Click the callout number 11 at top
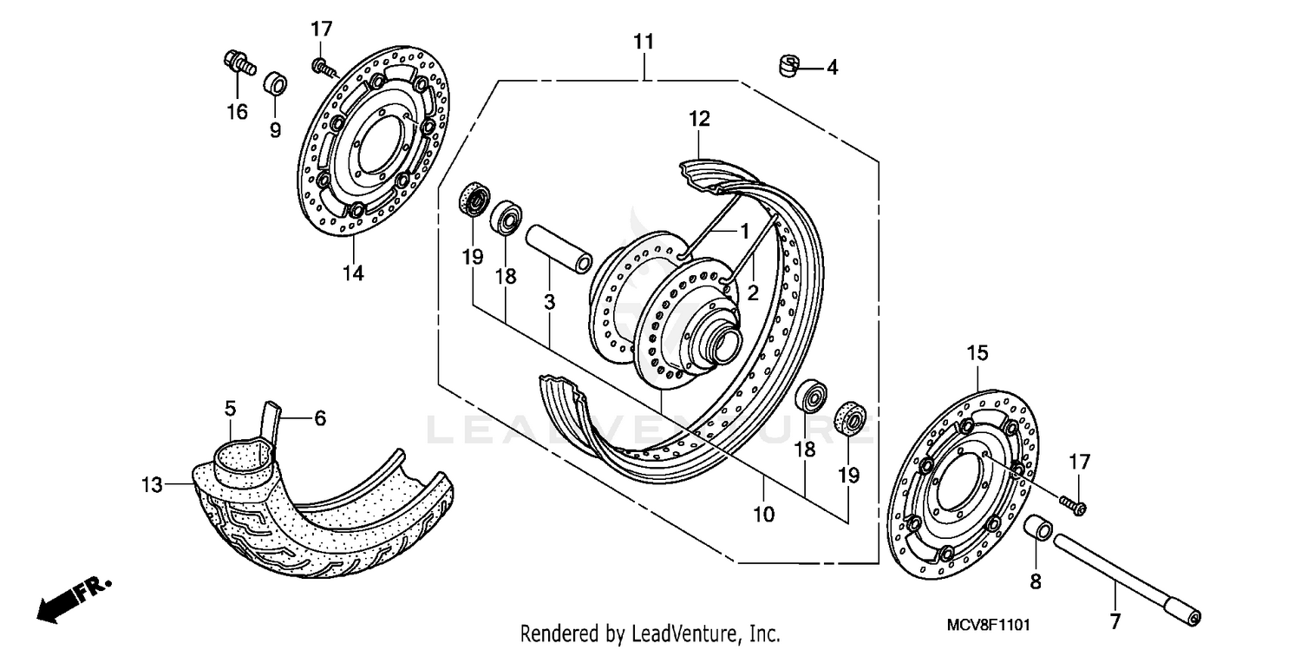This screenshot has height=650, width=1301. coord(643,42)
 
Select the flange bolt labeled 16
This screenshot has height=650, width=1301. coord(237,62)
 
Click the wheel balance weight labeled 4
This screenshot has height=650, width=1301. coord(786,64)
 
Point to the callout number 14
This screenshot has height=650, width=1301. coord(352,272)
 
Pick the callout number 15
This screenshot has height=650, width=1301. coord(977,353)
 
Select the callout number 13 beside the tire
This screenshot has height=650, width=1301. coord(153,484)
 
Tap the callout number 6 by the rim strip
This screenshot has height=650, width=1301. coord(319,418)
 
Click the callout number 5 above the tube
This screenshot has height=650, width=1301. coord(230,407)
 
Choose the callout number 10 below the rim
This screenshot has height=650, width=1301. coord(763,514)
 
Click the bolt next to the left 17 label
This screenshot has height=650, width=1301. coord(322,66)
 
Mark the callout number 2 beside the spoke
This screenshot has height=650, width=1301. coord(752,292)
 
